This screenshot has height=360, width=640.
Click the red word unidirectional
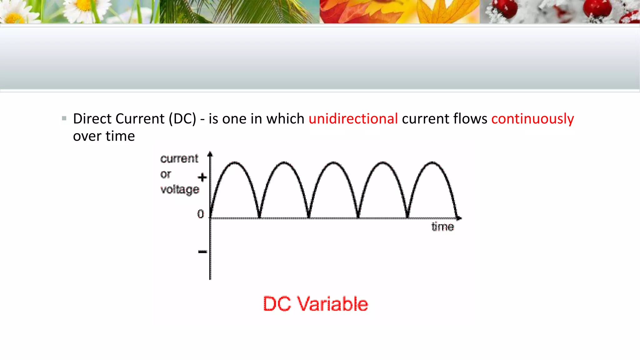[x=353, y=119]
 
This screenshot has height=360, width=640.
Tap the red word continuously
[x=532, y=119]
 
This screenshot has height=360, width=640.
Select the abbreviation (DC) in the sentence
[x=182, y=119]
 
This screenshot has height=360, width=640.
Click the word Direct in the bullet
[x=92, y=119]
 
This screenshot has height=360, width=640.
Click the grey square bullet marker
[x=64, y=118]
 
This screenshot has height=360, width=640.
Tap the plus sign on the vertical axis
[x=202, y=177]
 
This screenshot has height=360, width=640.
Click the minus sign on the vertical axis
[x=202, y=252]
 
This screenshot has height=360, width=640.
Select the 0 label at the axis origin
[x=200, y=214]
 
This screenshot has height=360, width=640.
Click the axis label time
[x=442, y=227]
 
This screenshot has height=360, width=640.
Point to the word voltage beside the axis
[x=180, y=189]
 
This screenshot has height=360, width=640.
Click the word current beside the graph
[x=179, y=159]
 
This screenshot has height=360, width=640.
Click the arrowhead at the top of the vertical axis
[x=210, y=154]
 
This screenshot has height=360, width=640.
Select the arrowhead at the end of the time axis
[x=459, y=218]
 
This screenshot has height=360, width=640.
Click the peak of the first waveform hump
[x=235, y=162]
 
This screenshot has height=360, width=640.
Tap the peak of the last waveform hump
[x=432, y=162]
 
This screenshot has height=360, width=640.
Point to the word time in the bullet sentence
[x=120, y=136]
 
